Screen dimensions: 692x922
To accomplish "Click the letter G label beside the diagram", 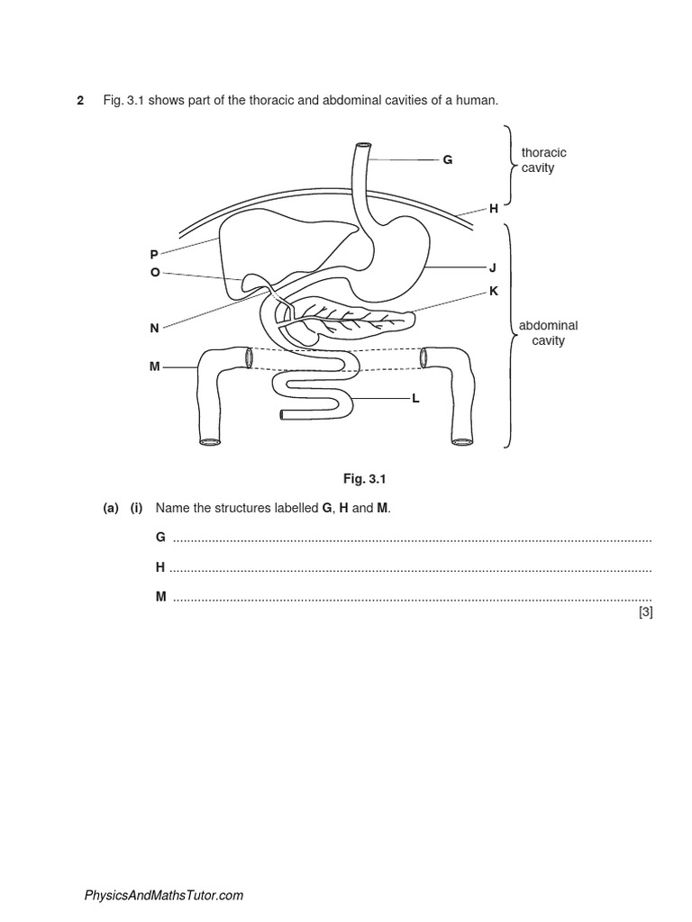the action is (447, 160).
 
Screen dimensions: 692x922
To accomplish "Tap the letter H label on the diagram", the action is (494, 208).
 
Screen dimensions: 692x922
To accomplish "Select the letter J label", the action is (493, 267).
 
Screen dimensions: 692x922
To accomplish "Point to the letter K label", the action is (494, 291).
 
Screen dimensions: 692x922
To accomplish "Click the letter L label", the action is (415, 398).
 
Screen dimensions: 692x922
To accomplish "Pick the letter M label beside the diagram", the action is (154, 367).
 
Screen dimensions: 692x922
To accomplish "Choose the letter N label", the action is (154, 329).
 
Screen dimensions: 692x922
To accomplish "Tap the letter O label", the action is (155, 272).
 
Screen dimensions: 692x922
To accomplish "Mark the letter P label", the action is (154, 256).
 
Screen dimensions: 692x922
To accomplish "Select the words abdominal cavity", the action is (548, 333).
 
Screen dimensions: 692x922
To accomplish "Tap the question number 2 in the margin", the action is (80, 100).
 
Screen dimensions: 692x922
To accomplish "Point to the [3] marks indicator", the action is (644, 612).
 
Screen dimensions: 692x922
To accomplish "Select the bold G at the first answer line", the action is (160, 537).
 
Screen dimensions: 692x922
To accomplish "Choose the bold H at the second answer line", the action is (160, 567).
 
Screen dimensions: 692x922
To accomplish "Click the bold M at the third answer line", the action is (160, 597).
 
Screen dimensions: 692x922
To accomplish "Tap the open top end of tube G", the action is (363, 147).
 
